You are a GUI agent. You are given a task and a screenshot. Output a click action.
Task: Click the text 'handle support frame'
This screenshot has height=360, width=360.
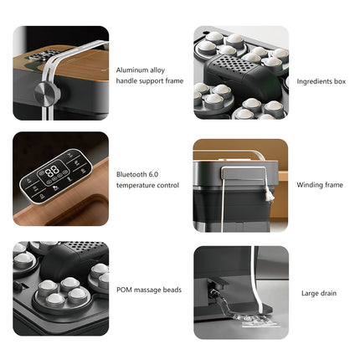point(148,81)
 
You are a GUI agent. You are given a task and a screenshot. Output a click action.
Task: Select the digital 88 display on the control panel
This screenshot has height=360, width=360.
point(53,169)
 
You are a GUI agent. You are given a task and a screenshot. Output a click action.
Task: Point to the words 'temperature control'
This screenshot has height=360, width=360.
point(147,185)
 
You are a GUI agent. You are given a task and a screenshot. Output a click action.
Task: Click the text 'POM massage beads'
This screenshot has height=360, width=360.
point(149,290)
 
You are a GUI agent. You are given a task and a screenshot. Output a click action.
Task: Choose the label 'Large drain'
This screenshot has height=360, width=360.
point(319,293)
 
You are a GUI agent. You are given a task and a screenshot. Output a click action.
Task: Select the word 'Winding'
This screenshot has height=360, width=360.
point(306,185)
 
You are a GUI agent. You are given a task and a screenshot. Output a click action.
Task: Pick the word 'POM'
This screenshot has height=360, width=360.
point(125,290)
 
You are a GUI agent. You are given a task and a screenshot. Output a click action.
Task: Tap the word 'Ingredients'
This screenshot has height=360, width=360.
point(311,82)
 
